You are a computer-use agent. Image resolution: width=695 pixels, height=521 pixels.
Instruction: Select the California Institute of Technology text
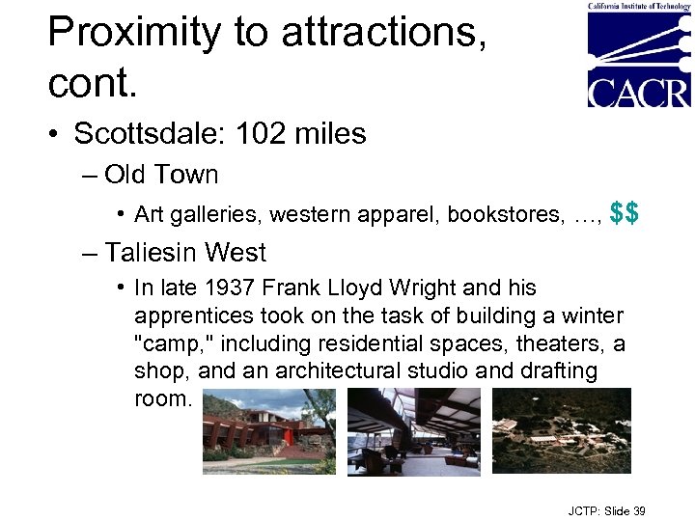(x=639, y=6)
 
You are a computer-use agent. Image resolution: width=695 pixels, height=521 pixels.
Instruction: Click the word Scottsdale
(x=138, y=133)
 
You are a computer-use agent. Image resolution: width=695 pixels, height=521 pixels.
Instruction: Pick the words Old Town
(x=161, y=175)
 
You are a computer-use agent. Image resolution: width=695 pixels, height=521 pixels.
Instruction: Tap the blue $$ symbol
(x=625, y=212)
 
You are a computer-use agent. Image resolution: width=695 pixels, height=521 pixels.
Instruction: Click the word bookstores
(x=512, y=214)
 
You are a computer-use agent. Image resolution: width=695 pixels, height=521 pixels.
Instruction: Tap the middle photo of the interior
(x=413, y=430)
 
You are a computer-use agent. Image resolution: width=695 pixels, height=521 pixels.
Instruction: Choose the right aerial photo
(x=562, y=430)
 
